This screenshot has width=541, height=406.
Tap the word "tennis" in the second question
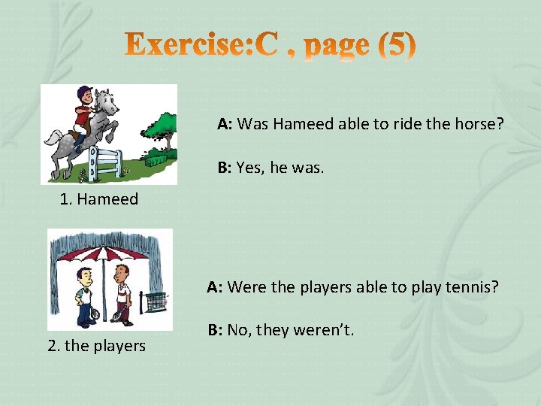pos(472,286)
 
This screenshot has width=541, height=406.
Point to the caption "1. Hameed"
pos(99,199)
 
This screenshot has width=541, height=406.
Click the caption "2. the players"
pos(96,346)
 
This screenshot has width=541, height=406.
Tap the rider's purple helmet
pos(83,94)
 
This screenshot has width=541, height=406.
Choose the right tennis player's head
pos(123,271)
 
